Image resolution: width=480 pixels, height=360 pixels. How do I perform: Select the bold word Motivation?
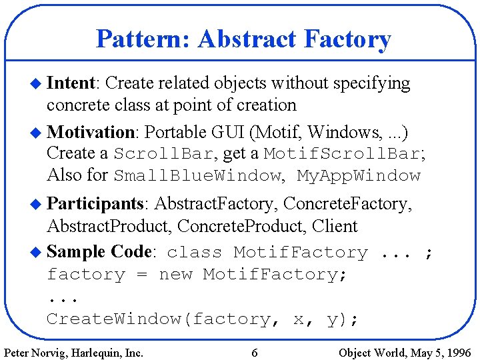click(x=92, y=131)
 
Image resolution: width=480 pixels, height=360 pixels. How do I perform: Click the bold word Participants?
click(x=97, y=203)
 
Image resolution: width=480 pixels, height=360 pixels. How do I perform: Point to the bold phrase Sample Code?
click(x=100, y=252)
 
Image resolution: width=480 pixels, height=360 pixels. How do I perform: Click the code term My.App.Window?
click(x=359, y=176)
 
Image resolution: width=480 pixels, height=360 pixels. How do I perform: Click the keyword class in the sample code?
click(x=195, y=253)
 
